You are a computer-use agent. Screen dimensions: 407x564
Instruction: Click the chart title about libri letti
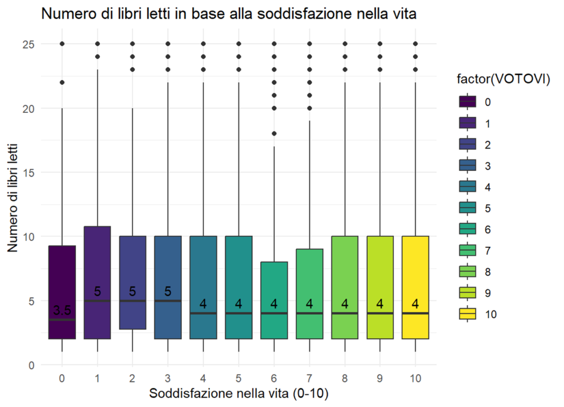pyautogui.click(x=228, y=15)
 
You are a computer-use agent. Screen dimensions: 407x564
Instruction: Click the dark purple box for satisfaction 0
pyautogui.click(x=62, y=275)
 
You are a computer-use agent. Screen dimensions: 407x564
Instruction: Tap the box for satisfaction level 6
pyautogui.click(x=274, y=286)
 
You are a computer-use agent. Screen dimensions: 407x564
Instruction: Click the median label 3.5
pyautogui.click(x=62, y=311)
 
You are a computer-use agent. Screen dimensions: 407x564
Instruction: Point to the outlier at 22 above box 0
pyautogui.click(x=62, y=83)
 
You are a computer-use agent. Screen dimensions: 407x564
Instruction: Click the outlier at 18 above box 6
pyautogui.click(x=274, y=134)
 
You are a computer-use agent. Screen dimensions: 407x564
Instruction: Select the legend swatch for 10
pyautogui.click(x=468, y=314)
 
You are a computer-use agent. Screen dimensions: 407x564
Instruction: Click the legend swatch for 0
pyautogui.click(x=468, y=102)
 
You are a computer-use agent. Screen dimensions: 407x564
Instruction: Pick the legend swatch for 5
pyautogui.click(x=468, y=208)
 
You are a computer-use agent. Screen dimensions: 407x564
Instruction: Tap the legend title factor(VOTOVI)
pyautogui.click(x=504, y=80)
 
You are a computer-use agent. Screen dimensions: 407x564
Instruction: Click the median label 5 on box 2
pyautogui.click(x=133, y=291)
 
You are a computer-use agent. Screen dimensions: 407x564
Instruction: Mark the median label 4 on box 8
pyautogui.click(x=345, y=303)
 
